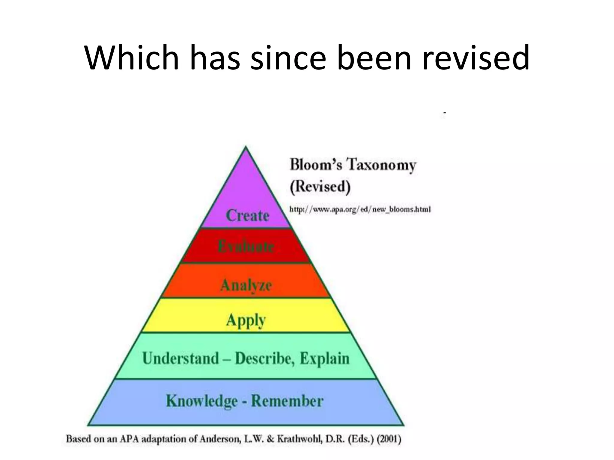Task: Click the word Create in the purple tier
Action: click(x=247, y=215)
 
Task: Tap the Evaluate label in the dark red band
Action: click(x=246, y=247)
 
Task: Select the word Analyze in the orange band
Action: click(x=246, y=285)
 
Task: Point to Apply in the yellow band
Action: click(x=246, y=320)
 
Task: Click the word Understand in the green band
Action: click(x=180, y=358)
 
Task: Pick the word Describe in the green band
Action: click(x=263, y=358)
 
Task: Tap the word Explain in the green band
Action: click(x=325, y=358)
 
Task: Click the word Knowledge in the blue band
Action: click(x=202, y=401)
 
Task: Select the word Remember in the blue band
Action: click(x=287, y=401)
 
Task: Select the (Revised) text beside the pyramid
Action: click(x=320, y=186)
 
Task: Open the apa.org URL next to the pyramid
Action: click(x=360, y=209)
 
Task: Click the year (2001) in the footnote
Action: click(x=389, y=439)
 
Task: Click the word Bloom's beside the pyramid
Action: click(x=316, y=165)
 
